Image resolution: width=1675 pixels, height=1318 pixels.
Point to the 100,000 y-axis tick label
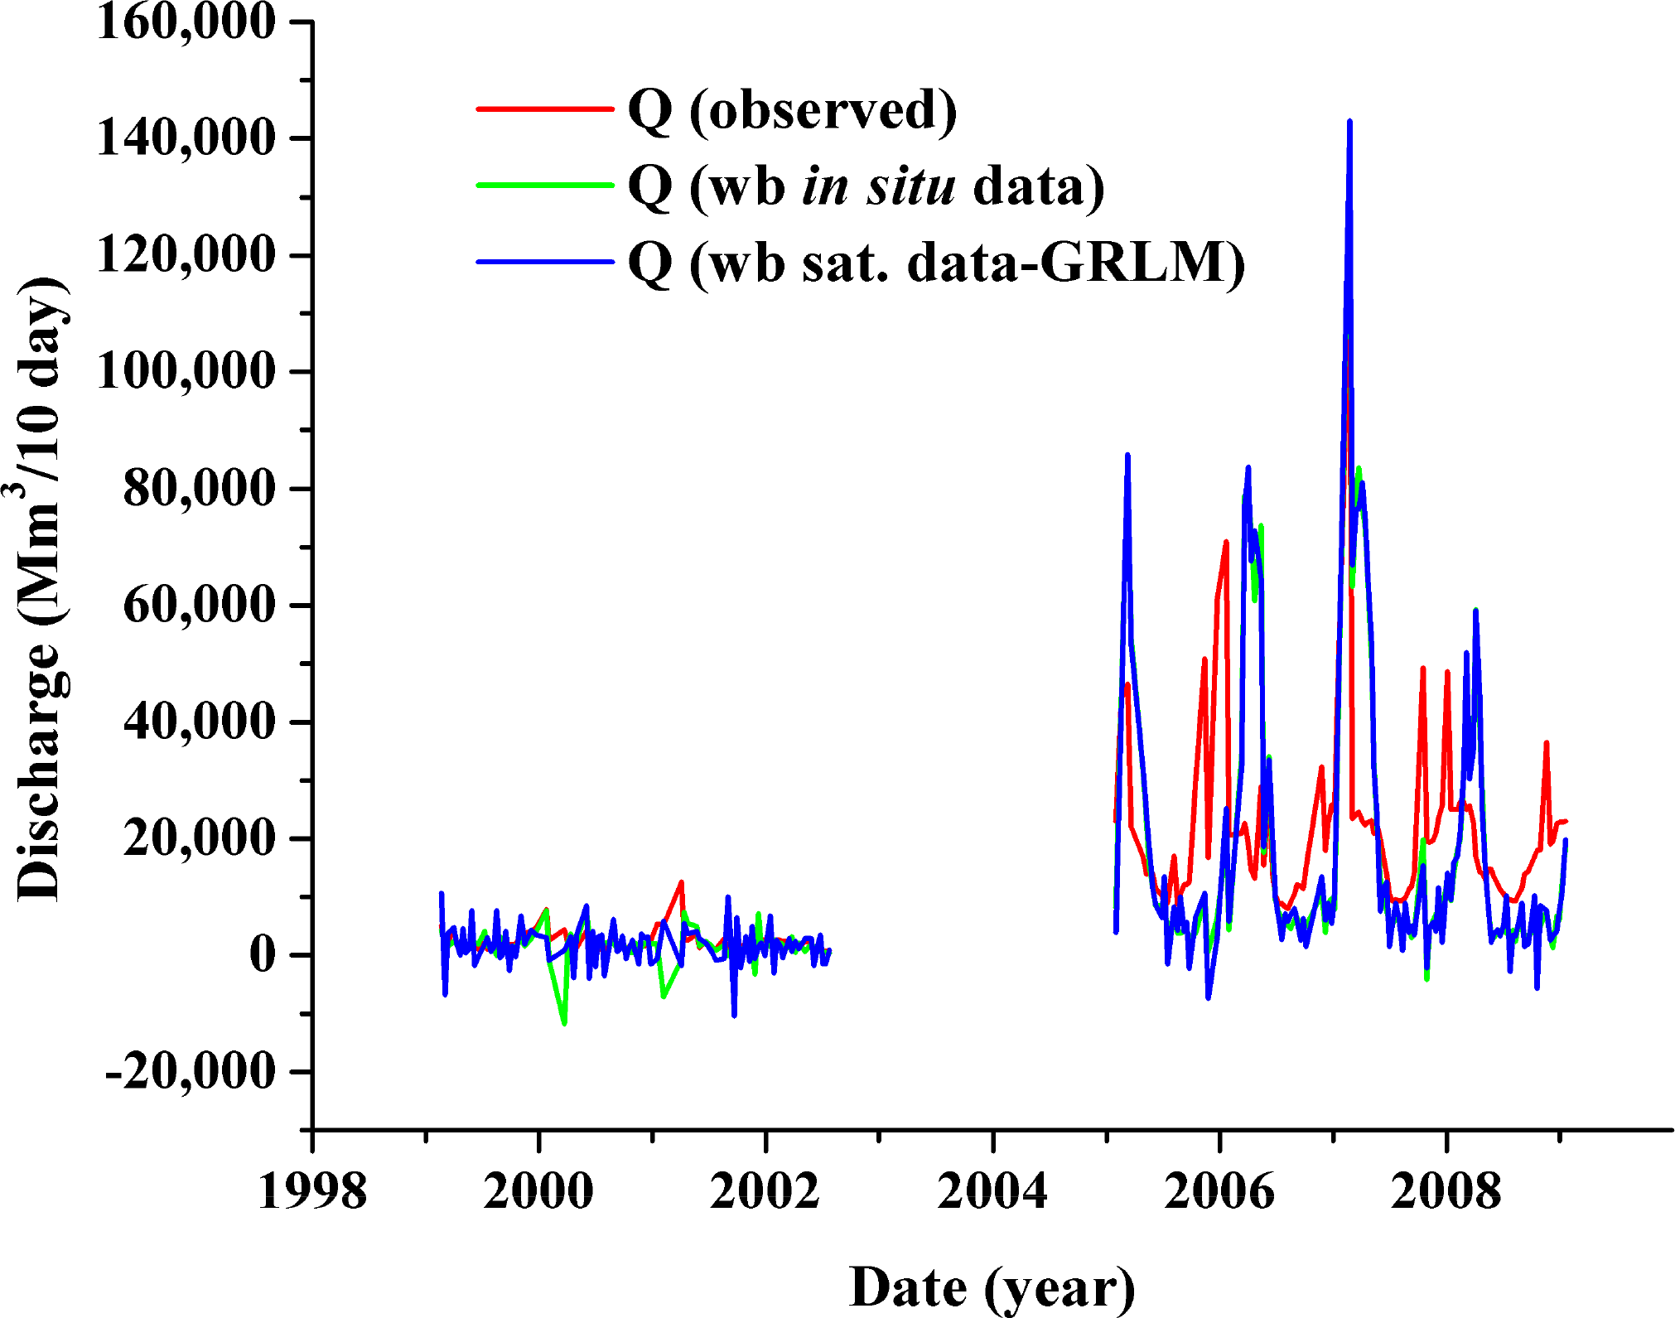pos(186,370)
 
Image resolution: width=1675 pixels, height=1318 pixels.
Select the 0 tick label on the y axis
pos(263,955)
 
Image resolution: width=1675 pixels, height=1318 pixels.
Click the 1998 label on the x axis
pos(312,1192)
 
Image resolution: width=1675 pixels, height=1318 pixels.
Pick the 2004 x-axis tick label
pos(992,1192)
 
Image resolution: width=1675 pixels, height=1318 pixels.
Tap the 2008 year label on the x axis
pos(1446,1192)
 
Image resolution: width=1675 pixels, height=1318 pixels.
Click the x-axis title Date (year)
pos(992,1287)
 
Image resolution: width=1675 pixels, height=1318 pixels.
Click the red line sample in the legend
pos(544,109)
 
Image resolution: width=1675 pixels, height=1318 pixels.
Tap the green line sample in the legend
pos(544,185)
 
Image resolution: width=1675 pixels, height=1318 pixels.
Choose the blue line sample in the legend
pos(544,262)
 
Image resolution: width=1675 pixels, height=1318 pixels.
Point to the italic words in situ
pos(878,186)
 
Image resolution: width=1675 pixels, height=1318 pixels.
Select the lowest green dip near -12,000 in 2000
pos(564,1023)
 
